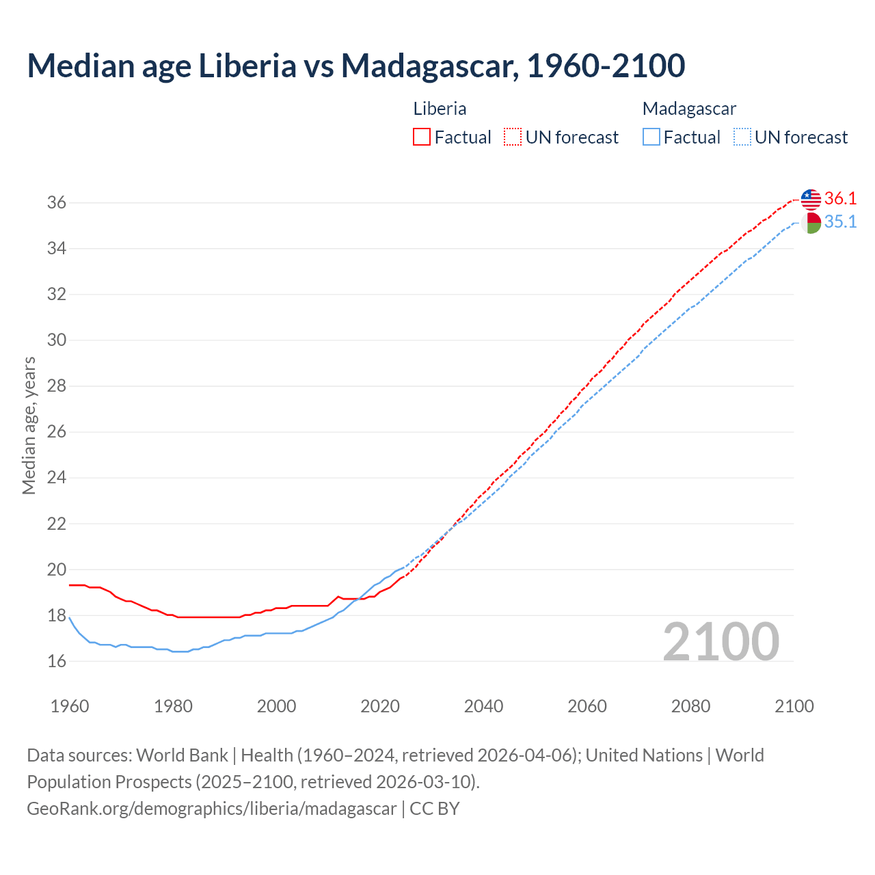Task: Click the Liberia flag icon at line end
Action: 811,199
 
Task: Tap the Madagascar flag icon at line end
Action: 811,223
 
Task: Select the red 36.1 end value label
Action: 840,198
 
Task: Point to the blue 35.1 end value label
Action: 840,222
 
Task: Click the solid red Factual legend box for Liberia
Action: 422,137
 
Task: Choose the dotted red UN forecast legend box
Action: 513,137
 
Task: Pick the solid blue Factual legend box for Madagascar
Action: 651,137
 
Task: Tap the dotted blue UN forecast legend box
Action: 742,137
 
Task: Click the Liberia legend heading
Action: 440,109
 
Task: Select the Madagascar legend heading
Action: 689,109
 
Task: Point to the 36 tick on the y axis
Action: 56,203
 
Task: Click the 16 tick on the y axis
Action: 56,661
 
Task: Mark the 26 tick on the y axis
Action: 56,432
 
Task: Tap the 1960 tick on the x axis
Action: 70,706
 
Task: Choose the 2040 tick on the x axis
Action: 483,706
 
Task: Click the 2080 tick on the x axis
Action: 690,706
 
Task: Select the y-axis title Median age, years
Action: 29,425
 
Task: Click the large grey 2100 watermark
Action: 721,641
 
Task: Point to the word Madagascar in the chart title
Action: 427,66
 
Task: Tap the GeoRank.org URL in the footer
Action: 211,809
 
